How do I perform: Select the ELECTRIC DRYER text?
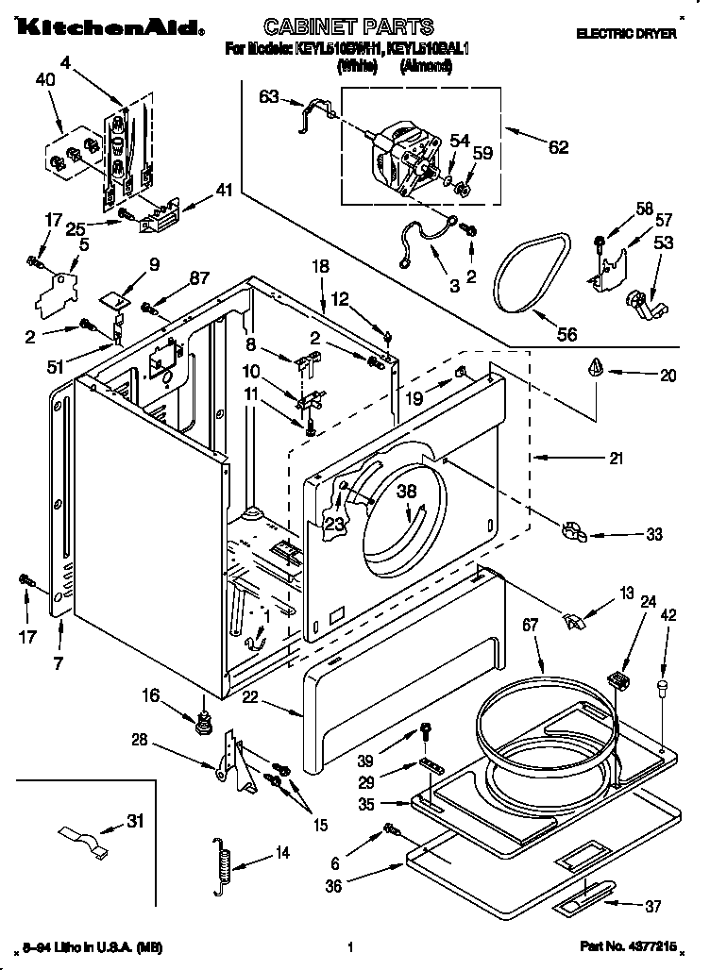626,33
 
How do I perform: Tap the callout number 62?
558,146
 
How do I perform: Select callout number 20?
668,375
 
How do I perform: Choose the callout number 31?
137,822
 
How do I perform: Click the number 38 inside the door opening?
406,490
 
